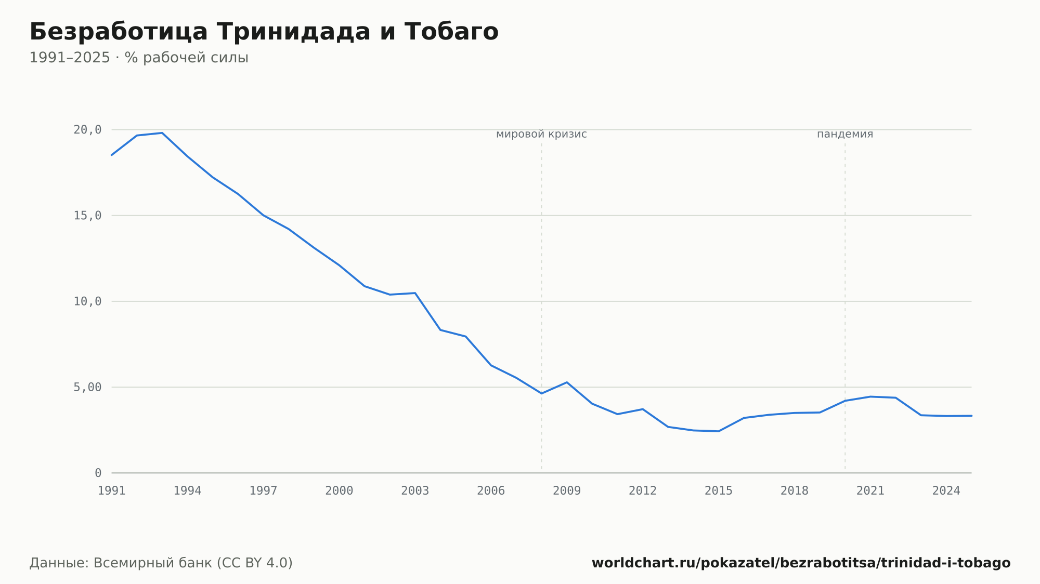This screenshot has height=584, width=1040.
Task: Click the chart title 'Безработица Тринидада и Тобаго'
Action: tap(264, 32)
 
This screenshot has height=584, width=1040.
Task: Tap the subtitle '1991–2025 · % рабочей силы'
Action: tap(139, 58)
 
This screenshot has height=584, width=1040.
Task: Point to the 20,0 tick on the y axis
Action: tap(87, 130)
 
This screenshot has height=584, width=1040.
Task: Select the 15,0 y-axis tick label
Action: tap(87, 216)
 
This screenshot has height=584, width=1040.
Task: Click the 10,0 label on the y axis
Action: tap(87, 301)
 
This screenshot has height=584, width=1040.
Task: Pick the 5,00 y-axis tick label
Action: tap(87, 387)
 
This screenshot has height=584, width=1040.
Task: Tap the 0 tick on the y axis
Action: tap(98, 473)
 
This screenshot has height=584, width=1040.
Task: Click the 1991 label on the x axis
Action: tap(112, 491)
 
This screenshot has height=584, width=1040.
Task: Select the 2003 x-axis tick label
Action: tap(415, 491)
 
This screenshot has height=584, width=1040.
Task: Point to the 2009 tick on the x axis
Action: tap(567, 491)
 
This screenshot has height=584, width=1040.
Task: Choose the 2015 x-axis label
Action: tap(719, 491)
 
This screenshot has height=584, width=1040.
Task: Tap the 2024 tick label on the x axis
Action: tap(946, 491)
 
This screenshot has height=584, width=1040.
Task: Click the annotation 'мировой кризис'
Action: tap(541, 134)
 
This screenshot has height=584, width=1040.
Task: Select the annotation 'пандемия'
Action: tap(845, 134)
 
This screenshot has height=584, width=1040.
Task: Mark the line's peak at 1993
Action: tap(162, 133)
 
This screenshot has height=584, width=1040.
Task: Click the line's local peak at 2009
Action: tap(567, 382)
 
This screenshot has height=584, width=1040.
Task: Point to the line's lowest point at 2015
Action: tap(719, 431)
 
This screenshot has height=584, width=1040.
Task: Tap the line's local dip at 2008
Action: tap(541, 393)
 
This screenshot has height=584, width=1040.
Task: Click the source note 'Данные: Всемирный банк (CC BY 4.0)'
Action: tap(161, 563)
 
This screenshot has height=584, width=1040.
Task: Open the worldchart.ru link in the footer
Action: tap(801, 563)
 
